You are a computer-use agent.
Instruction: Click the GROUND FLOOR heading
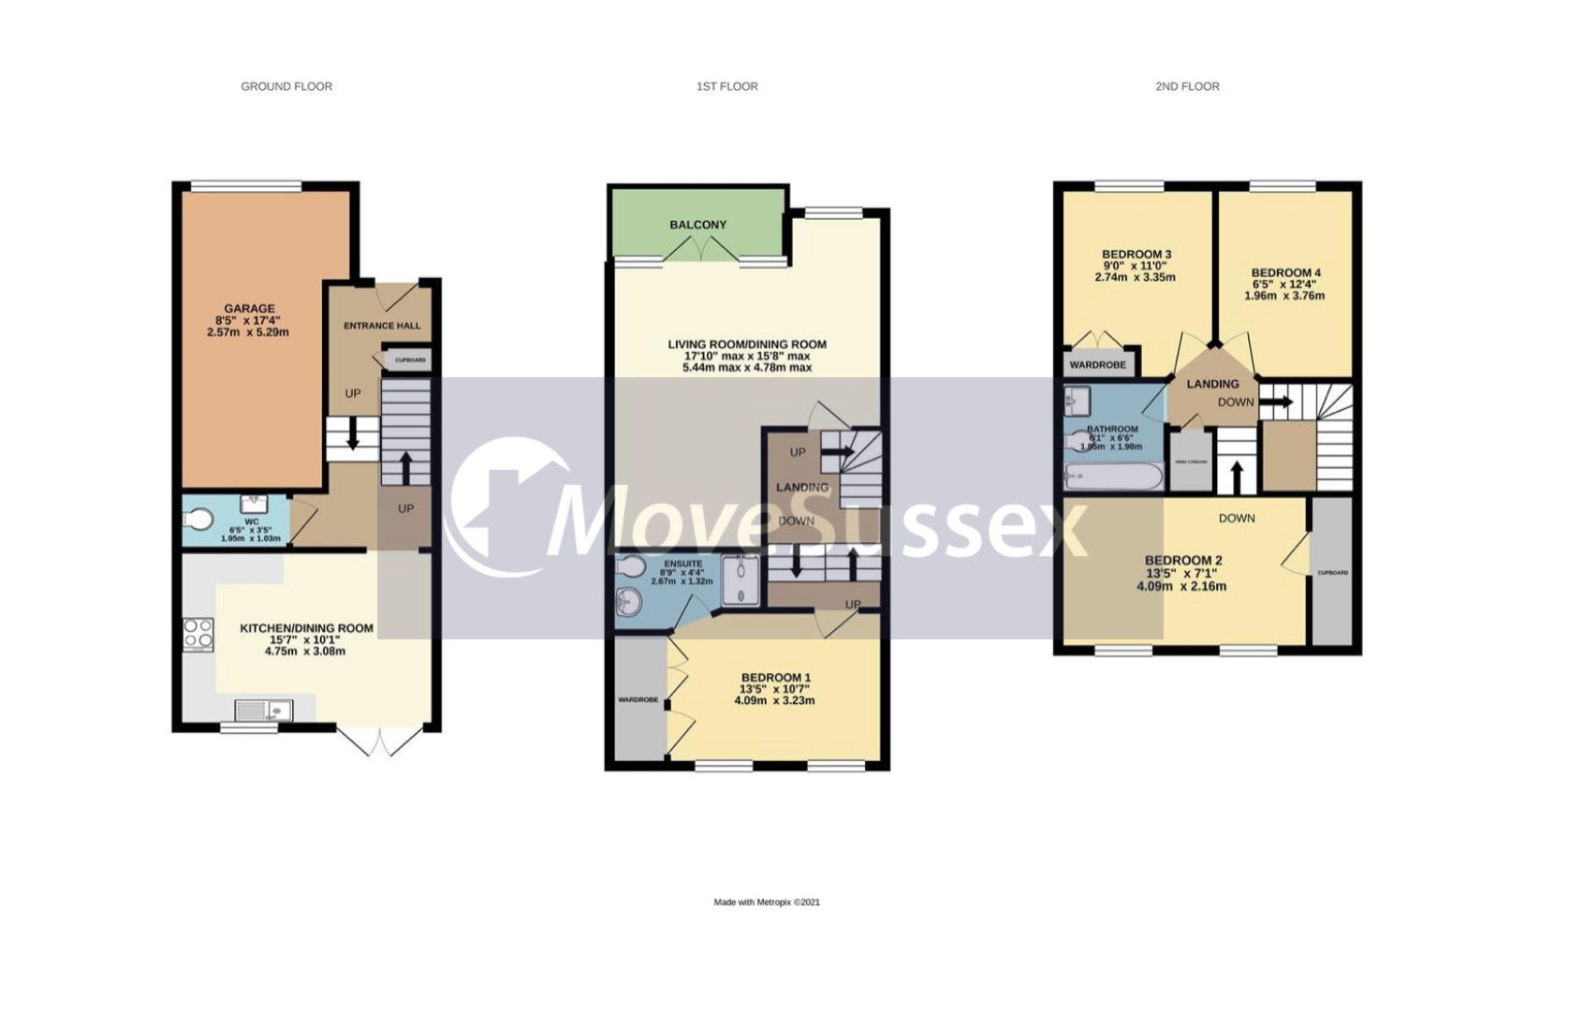pos(286,86)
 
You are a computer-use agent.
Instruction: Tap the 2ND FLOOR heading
pos(1186,86)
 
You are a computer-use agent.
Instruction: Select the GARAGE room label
pos(249,308)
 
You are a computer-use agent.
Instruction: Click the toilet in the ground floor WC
pos(198,519)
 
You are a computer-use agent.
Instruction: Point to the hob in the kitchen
pos(198,634)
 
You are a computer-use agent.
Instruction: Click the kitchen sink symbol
pos(264,710)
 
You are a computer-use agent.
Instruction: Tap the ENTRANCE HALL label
pos(382,326)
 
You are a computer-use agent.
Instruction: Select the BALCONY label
pos(697,225)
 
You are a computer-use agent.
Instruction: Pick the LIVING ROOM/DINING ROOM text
pos(746,344)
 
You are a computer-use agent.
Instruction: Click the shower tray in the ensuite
pos(745,580)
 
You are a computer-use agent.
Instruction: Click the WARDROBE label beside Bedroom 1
pos(638,700)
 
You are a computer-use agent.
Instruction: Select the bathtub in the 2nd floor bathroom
pos(1113,478)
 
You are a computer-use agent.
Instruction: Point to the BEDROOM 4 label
pos(1286,273)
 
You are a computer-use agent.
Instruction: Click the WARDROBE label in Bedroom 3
pos(1097,364)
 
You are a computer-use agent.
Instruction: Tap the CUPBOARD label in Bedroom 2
pos(1332,573)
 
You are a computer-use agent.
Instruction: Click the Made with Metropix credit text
pos(767,902)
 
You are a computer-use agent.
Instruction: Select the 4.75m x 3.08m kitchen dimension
pos(305,651)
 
